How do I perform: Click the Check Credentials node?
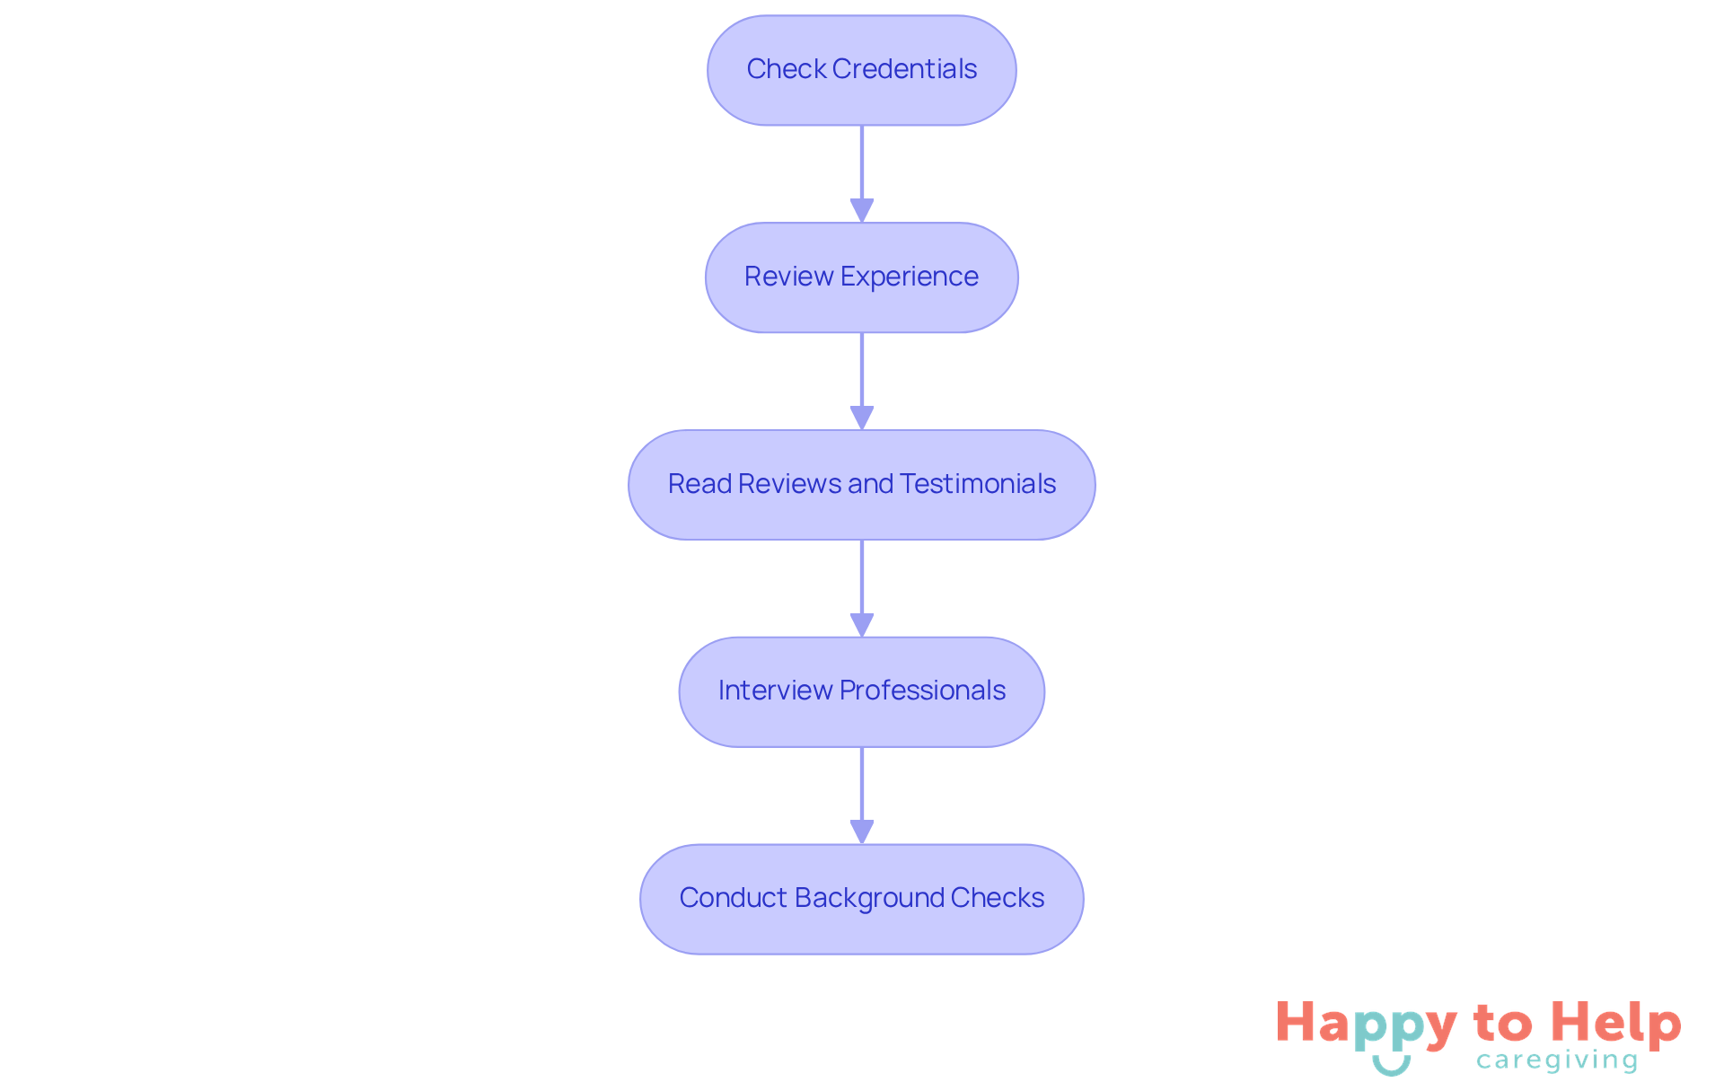click(x=861, y=70)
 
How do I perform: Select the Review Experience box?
click(x=861, y=277)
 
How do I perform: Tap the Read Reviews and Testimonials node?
click(x=861, y=485)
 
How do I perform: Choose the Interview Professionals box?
click(x=861, y=691)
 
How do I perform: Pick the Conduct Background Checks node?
click(x=861, y=899)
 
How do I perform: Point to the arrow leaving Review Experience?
click(x=862, y=381)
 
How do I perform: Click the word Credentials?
click(x=904, y=69)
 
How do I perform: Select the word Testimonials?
click(x=978, y=484)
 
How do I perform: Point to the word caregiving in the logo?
click(x=1557, y=1060)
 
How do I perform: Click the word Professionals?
click(x=922, y=691)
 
